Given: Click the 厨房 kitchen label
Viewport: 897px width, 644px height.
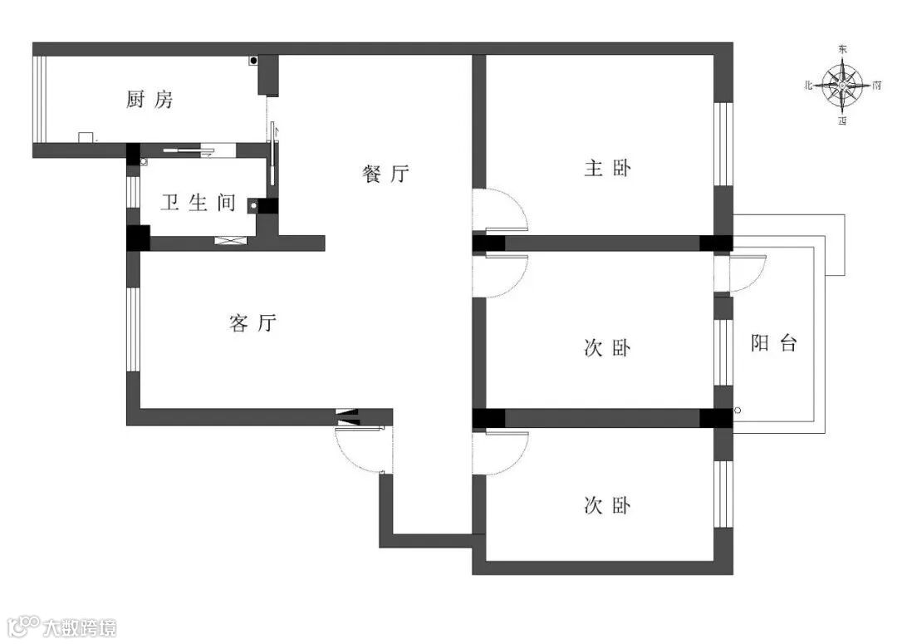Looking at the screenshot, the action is (x=150, y=101).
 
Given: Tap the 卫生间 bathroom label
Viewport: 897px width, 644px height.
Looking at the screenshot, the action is (x=198, y=203).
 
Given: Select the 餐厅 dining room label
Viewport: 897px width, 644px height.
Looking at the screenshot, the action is (x=386, y=175).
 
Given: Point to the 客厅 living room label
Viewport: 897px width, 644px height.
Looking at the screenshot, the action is (x=252, y=323).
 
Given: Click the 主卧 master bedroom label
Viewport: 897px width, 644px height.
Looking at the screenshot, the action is (x=607, y=169).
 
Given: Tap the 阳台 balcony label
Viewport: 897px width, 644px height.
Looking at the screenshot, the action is (x=774, y=343).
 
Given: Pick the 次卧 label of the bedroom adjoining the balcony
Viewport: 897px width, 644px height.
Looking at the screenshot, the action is (x=607, y=348).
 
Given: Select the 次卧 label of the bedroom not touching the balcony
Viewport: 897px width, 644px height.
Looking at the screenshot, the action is (x=607, y=505).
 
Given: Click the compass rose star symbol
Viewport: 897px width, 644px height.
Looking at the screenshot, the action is (x=843, y=85).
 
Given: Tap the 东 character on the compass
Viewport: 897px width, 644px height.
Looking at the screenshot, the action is (x=843, y=50).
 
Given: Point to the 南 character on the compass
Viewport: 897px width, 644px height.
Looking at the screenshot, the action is (x=878, y=86).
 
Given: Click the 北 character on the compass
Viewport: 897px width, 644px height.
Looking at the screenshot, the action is (x=808, y=86).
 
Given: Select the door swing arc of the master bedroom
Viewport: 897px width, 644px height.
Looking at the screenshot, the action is (x=507, y=208).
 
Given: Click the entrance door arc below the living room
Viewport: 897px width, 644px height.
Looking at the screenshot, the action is (x=357, y=453).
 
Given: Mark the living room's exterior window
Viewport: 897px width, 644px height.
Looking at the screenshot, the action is (x=133, y=329).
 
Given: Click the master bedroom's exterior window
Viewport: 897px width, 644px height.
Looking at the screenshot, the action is (x=724, y=144).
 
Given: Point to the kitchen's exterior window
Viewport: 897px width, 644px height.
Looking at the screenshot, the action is (x=37, y=100).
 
